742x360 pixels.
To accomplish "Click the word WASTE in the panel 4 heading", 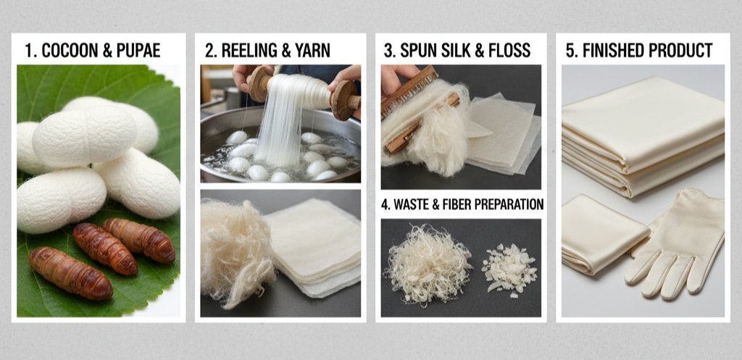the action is coord(411,204).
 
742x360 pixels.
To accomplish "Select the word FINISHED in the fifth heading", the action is coord(612,50).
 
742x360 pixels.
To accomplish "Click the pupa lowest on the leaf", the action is coord(70,273).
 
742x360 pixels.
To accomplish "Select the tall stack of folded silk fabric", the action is coord(643,136).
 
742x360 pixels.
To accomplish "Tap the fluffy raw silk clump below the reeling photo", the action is coord(237,251).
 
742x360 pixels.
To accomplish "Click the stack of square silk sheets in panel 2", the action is coord(313,246).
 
